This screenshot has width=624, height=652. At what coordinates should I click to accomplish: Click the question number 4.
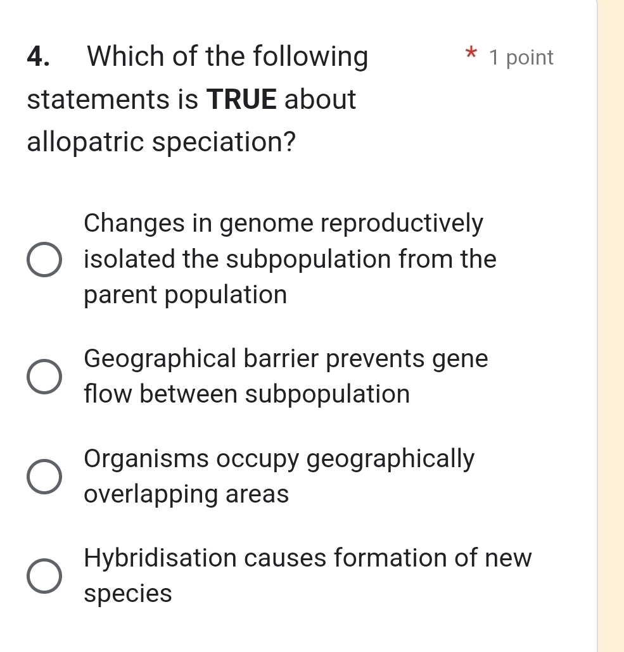coord(39,57)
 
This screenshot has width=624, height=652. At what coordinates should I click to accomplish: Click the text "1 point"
coord(522,58)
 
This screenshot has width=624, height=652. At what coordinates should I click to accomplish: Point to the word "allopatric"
coord(86,142)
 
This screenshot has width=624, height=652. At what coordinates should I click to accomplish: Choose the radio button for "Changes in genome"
coord(44,260)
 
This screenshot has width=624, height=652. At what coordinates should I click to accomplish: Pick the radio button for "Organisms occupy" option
coord(44,476)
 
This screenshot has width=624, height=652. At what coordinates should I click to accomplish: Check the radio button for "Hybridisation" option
coord(44,576)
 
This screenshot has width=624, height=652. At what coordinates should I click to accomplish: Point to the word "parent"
coord(121,296)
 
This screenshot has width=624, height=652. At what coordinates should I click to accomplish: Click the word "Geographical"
coord(159,360)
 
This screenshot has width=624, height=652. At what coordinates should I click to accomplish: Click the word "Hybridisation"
coord(160,558)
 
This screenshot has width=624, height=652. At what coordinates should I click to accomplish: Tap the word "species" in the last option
coord(127,594)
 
